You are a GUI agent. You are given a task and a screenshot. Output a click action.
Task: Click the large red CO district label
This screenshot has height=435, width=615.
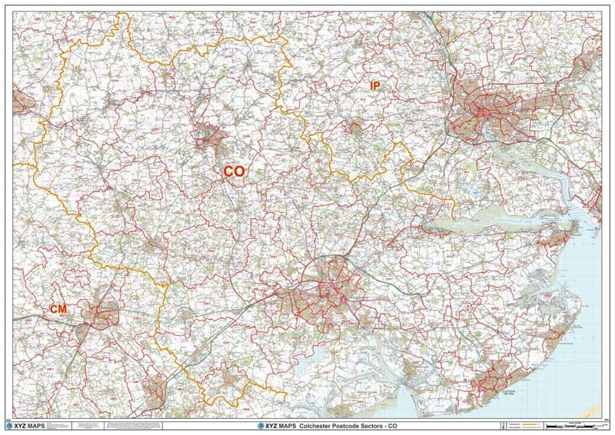click(x=234, y=171)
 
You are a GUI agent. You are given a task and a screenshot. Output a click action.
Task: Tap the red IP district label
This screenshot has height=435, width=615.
click(x=374, y=86)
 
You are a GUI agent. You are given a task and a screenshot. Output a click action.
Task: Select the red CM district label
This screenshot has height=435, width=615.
click(x=58, y=308)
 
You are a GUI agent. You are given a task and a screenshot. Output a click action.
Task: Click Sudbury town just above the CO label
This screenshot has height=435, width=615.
click(x=210, y=136)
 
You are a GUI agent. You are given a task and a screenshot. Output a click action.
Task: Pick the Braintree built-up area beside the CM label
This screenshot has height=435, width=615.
click(x=103, y=314)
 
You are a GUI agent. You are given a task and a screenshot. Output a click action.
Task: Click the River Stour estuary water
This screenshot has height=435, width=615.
click(x=492, y=224)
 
